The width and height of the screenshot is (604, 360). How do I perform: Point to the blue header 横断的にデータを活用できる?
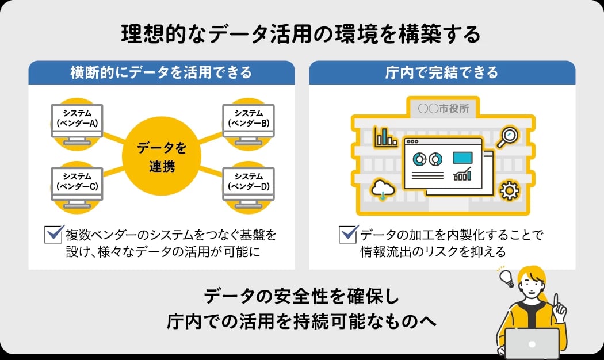pos(162,73)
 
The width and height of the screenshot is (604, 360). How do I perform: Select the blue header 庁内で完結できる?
pos(442,73)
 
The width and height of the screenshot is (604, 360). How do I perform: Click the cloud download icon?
pos(383,189)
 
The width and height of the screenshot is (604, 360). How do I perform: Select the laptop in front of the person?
pos(532,343)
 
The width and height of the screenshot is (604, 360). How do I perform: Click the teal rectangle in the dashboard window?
pos(462,157)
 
